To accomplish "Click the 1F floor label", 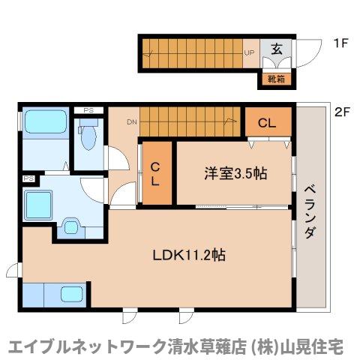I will (341, 43).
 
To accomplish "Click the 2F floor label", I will (342, 112).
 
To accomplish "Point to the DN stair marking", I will (131, 122).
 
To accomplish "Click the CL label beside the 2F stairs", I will (268, 123).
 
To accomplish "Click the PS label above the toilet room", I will (88, 112).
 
